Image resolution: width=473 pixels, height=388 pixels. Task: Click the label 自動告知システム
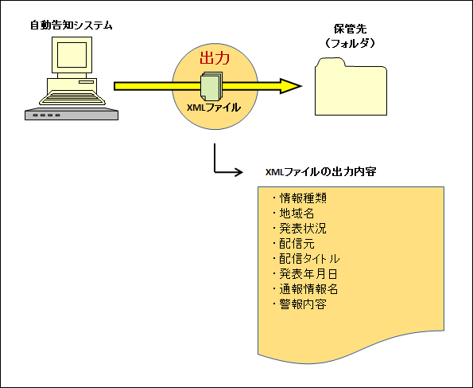pyautogui.click(x=72, y=25)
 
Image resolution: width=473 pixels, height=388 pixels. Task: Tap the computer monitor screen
pyautogui.click(x=72, y=55)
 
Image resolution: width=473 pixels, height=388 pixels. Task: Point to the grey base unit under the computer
pyautogui.click(x=72, y=114)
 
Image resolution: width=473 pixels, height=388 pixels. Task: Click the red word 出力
pyautogui.click(x=215, y=58)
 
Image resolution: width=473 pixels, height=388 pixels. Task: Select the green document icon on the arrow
pyautogui.click(x=211, y=86)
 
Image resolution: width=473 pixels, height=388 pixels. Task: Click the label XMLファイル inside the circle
pyautogui.click(x=214, y=108)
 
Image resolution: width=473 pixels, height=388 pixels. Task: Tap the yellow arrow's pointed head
pyautogui.click(x=291, y=86)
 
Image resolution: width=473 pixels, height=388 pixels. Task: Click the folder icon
pyautogui.click(x=351, y=87)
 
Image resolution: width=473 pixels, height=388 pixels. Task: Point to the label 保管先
pyautogui.click(x=351, y=29)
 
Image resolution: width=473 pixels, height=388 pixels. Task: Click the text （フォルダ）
pyautogui.click(x=350, y=43)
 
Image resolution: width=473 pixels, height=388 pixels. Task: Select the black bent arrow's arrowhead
pyautogui.click(x=238, y=172)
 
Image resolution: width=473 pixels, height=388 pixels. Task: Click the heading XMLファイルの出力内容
pyautogui.click(x=320, y=172)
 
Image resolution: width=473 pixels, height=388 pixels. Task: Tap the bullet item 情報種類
pyautogui.click(x=300, y=198)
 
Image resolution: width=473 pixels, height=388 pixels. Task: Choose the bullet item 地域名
pyautogui.click(x=293, y=214)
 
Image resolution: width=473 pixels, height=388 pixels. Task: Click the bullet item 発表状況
pyautogui.click(x=300, y=229)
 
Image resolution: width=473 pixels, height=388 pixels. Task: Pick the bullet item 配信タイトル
pyautogui.click(x=306, y=259)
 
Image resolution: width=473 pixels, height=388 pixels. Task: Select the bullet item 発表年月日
pyautogui.click(x=305, y=274)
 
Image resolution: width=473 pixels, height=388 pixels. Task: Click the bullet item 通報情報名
pyautogui.click(x=305, y=289)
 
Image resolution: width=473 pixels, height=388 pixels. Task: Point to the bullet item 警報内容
pyautogui.click(x=300, y=304)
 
